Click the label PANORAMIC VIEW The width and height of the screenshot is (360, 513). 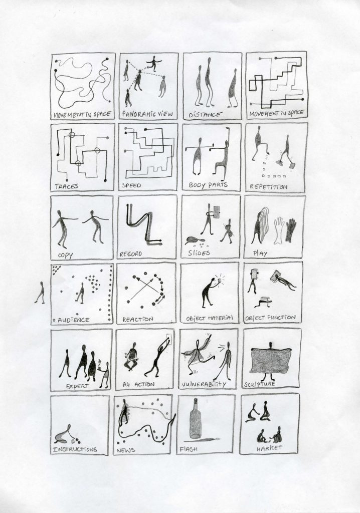tap(147, 114)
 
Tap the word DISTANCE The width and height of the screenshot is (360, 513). tap(205, 115)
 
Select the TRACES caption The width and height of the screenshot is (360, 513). tap(67, 186)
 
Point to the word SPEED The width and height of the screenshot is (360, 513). tap(131, 185)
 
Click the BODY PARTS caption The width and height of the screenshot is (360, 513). tap(208, 185)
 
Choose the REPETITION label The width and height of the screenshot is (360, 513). tap(268, 187)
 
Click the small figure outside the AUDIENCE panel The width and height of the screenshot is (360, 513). tap(40, 293)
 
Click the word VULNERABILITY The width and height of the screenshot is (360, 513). tap(204, 384)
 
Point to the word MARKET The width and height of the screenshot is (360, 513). tap(269, 448)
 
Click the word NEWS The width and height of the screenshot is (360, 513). tap(126, 450)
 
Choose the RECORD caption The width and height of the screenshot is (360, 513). tap(131, 254)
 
